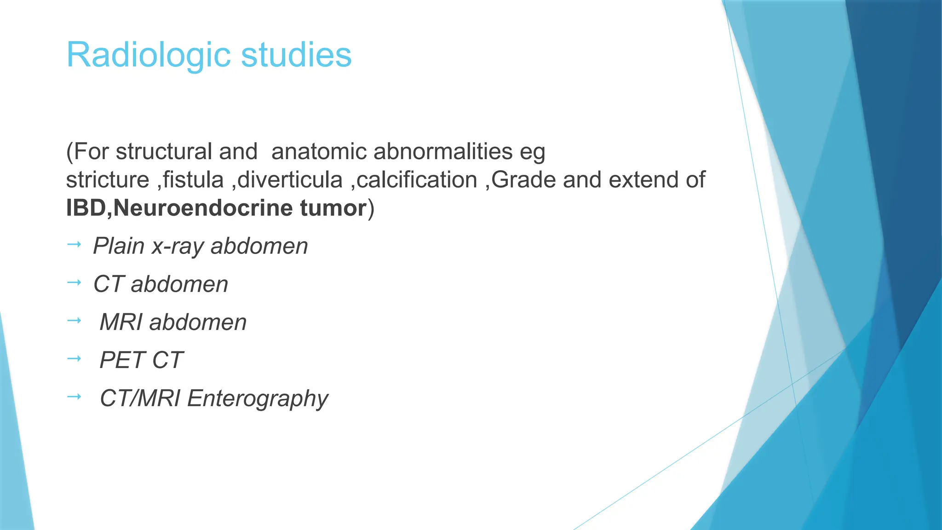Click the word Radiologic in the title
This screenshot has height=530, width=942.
click(x=148, y=55)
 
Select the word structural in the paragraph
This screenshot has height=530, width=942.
click(x=163, y=152)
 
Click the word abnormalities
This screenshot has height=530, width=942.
click(x=443, y=152)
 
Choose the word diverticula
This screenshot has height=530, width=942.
click(x=290, y=180)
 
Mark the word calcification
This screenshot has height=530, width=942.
click(x=417, y=180)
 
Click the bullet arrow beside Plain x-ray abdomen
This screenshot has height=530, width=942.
click(x=74, y=244)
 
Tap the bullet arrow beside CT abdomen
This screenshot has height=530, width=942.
click(x=74, y=282)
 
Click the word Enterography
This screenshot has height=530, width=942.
click(x=258, y=398)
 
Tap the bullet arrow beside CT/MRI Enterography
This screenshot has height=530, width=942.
click(x=74, y=397)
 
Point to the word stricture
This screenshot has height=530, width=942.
click(x=108, y=180)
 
